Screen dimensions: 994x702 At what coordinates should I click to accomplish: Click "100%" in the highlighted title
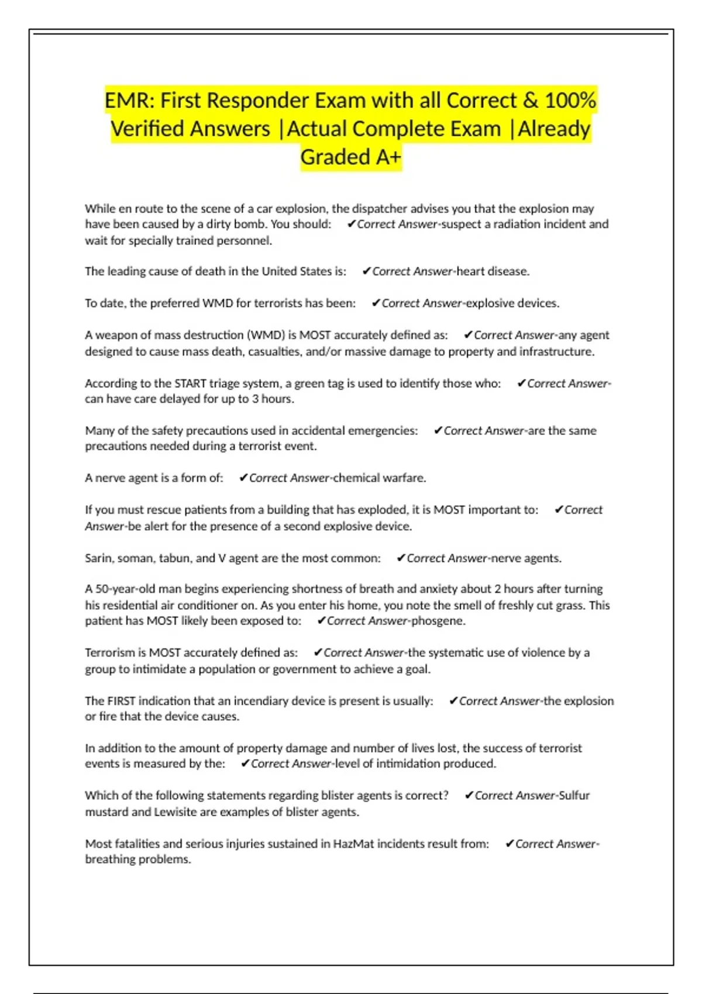pos(570,101)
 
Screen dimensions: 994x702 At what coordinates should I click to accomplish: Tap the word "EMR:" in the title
pos(129,101)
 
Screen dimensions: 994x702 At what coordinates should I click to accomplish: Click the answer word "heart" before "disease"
pos(473,271)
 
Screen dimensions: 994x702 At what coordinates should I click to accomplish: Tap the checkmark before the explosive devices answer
pos(376,303)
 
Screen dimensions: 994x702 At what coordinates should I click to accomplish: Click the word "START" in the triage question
pos(189,384)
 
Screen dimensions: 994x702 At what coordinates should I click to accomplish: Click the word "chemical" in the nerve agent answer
pos(356,478)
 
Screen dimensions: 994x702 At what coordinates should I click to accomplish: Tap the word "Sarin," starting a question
pos(99,558)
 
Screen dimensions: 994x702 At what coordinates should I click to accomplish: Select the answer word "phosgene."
pos(438,621)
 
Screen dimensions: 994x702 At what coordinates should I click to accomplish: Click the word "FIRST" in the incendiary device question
pos(121,700)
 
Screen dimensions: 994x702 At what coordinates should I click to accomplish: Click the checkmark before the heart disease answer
pos(367,271)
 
